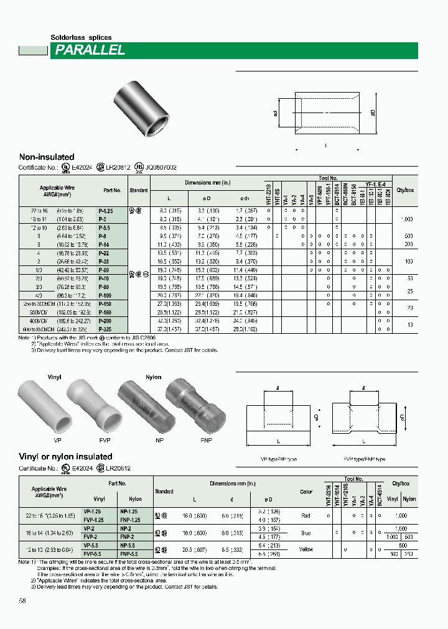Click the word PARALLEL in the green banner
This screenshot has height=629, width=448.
point(90,51)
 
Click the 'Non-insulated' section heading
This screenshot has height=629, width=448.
point(47,157)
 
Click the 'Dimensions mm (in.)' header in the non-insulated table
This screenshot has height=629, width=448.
point(208,183)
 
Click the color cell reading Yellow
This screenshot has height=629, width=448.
point(306,549)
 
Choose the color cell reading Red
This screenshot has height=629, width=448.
point(306,515)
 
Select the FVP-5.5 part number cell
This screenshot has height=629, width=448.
point(100,553)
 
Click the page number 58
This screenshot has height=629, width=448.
point(22,600)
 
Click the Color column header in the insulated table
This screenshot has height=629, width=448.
point(306,492)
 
